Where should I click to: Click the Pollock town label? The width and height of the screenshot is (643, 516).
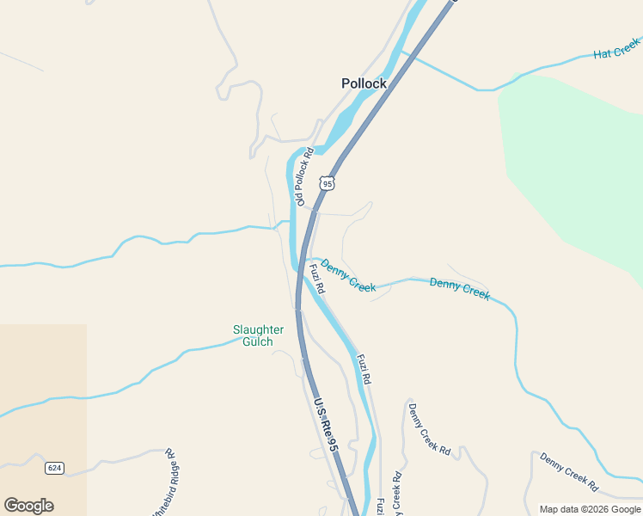tap(364, 83)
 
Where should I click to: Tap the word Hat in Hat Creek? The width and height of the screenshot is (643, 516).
tap(603, 54)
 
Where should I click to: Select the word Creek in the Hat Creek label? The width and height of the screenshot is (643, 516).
tap(628, 44)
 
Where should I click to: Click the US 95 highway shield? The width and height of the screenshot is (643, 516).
tap(326, 182)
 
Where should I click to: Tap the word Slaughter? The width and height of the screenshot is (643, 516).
tap(258, 329)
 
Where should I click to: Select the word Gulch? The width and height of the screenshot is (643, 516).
tap(257, 341)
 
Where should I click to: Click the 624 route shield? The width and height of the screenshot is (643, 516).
tap(55, 468)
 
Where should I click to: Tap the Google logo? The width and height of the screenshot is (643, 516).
tap(28, 506)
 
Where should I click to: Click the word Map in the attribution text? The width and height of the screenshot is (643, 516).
tap(549, 509)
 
